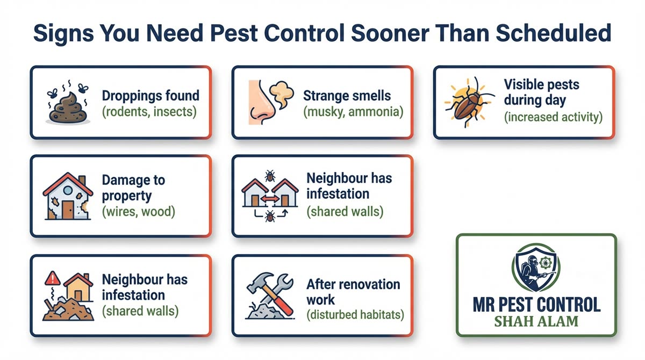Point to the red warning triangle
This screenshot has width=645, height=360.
pyautogui.click(x=53, y=279)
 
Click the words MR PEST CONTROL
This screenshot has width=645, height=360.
pyautogui.click(x=536, y=305)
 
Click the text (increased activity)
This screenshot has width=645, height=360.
pyautogui.click(x=553, y=116)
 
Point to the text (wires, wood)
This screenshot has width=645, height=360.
pyautogui.click(x=139, y=211)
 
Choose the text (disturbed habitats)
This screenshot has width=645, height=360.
pyautogui.click(x=355, y=314)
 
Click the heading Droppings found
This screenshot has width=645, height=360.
pyautogui.click(x=150, y=96)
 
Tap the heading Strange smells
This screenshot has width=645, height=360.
pyautogui.click(x=347, y=96)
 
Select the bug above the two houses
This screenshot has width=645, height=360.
pyautogui.click(x=269, y=176)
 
